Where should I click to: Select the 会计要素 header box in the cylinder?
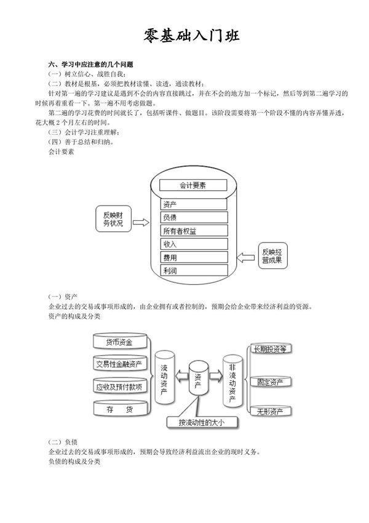(193, 185)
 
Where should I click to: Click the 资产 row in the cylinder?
(194, 204)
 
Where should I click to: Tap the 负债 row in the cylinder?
(194, 217)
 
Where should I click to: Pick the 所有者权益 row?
(194, 231)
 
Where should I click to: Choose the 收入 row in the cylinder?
(194, 244)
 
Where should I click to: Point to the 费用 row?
(194, 258)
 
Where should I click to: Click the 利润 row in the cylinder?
(194, 271)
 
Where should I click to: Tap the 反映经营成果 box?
(272, 256)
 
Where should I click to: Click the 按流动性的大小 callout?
(202, 423)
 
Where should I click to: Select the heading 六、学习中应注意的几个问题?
(91, 65)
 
